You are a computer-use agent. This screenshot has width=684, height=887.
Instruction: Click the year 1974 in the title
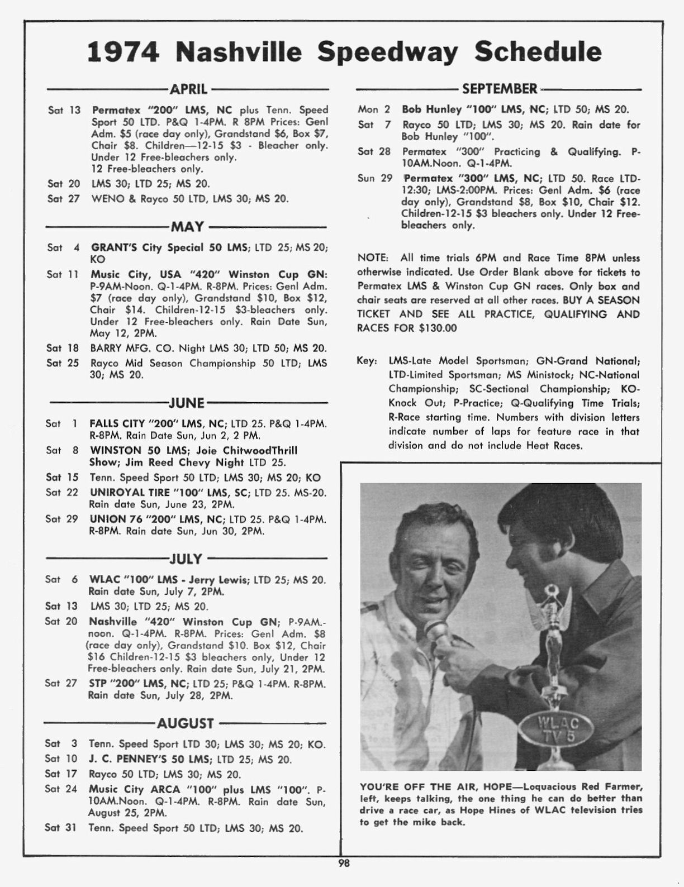pyautogui.click(x=123, y=52)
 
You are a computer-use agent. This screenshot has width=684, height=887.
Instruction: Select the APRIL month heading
pyautogui.click(x=188, y=89)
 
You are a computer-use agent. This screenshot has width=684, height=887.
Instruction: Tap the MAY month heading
pyautogui.click(x=187, y=227)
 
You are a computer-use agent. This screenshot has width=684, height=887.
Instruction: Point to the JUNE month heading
pyautogui.click(x=187, y=403)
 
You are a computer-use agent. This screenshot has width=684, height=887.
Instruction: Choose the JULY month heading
pyautogui.click(x=186, y=559)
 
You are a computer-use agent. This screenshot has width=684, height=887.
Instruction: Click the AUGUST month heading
pyautogui.click(x=186, y=724)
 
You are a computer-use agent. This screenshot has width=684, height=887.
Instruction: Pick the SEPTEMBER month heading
pyautogui.click(x=500, y=89)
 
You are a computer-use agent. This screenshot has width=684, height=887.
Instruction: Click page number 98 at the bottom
pyautogui.click(x=344, y=863)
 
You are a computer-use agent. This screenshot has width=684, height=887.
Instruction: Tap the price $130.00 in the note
pyautogui.click(x=438, y=328)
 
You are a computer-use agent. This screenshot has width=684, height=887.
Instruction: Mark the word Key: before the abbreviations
pyautogui.click(x=367, y=361)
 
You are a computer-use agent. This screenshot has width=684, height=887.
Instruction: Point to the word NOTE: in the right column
pyautogui.click(x=373, y=258)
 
